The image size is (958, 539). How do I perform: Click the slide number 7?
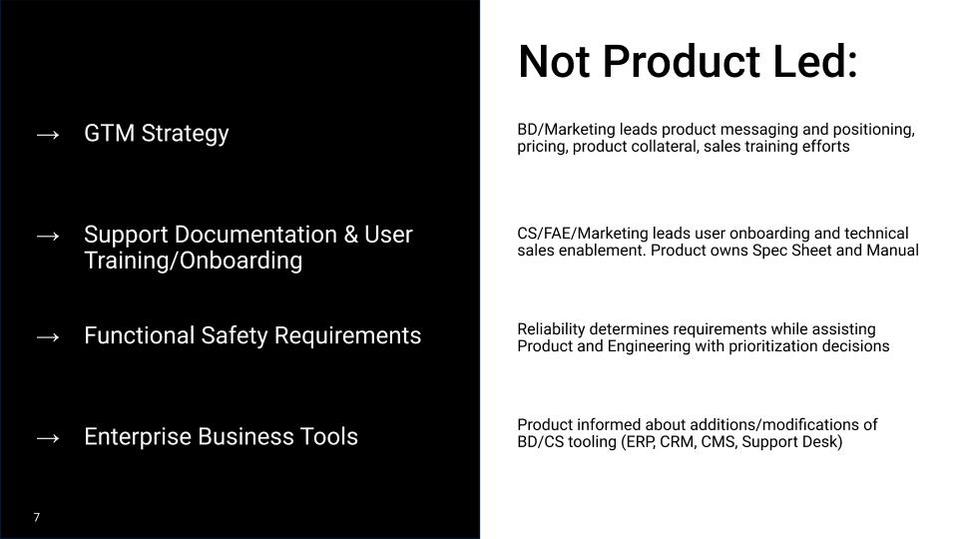(37, 517)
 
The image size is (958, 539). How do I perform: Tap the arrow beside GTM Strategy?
(47, 134)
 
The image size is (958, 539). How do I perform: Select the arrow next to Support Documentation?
(47, 236)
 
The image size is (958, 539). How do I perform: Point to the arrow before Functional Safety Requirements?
(47, 336)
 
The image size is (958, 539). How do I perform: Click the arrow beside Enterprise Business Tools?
(47, 437)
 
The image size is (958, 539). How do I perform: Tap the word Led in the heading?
(815, 62)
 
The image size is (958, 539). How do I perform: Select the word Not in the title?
(554, 62)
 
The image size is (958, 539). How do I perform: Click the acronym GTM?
(109, 134)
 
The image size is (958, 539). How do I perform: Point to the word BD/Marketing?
(566, 130)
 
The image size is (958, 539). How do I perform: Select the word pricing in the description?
(540, 147)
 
